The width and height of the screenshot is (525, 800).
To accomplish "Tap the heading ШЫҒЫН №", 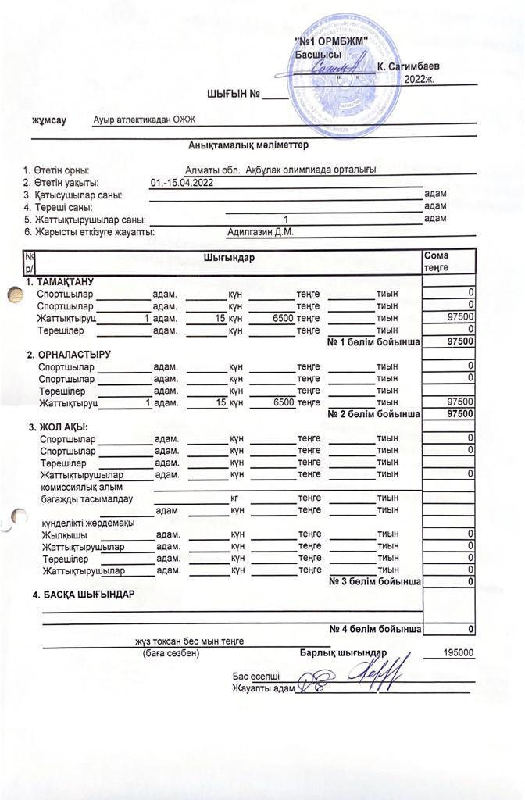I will pyautogui.click(x=233, y=95).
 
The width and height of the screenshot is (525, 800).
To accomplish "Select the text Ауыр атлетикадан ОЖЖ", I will pyautogui.click(x=143, y=120).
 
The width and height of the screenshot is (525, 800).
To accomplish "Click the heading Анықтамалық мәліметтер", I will pyautogui.click(x=248, y=145).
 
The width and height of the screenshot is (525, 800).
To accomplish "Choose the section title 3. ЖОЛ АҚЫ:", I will pyautogui.click(x=59, y=427).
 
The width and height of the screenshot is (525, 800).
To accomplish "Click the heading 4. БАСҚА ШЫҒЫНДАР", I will pyautogui.click(x=84, y=595).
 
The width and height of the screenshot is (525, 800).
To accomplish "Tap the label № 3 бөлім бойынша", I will pyautogui.click(x=375, y=581).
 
